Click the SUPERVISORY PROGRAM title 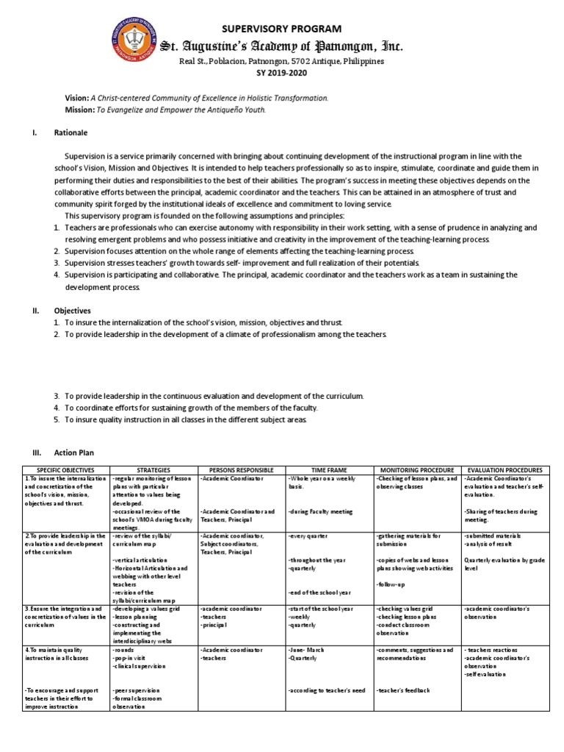(282, 29)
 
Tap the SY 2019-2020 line (282, 73)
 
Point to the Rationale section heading (71, 133)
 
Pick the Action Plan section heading (74, 452)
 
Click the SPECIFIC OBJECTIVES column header (66, 469)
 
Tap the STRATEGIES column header (153, 469)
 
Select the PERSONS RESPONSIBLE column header (241, 469)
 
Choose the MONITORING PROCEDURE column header (417, 469)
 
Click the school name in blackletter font (282, 47)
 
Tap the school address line (282, 62)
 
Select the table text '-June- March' (306, 651)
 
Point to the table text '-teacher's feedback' (404, 691)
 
